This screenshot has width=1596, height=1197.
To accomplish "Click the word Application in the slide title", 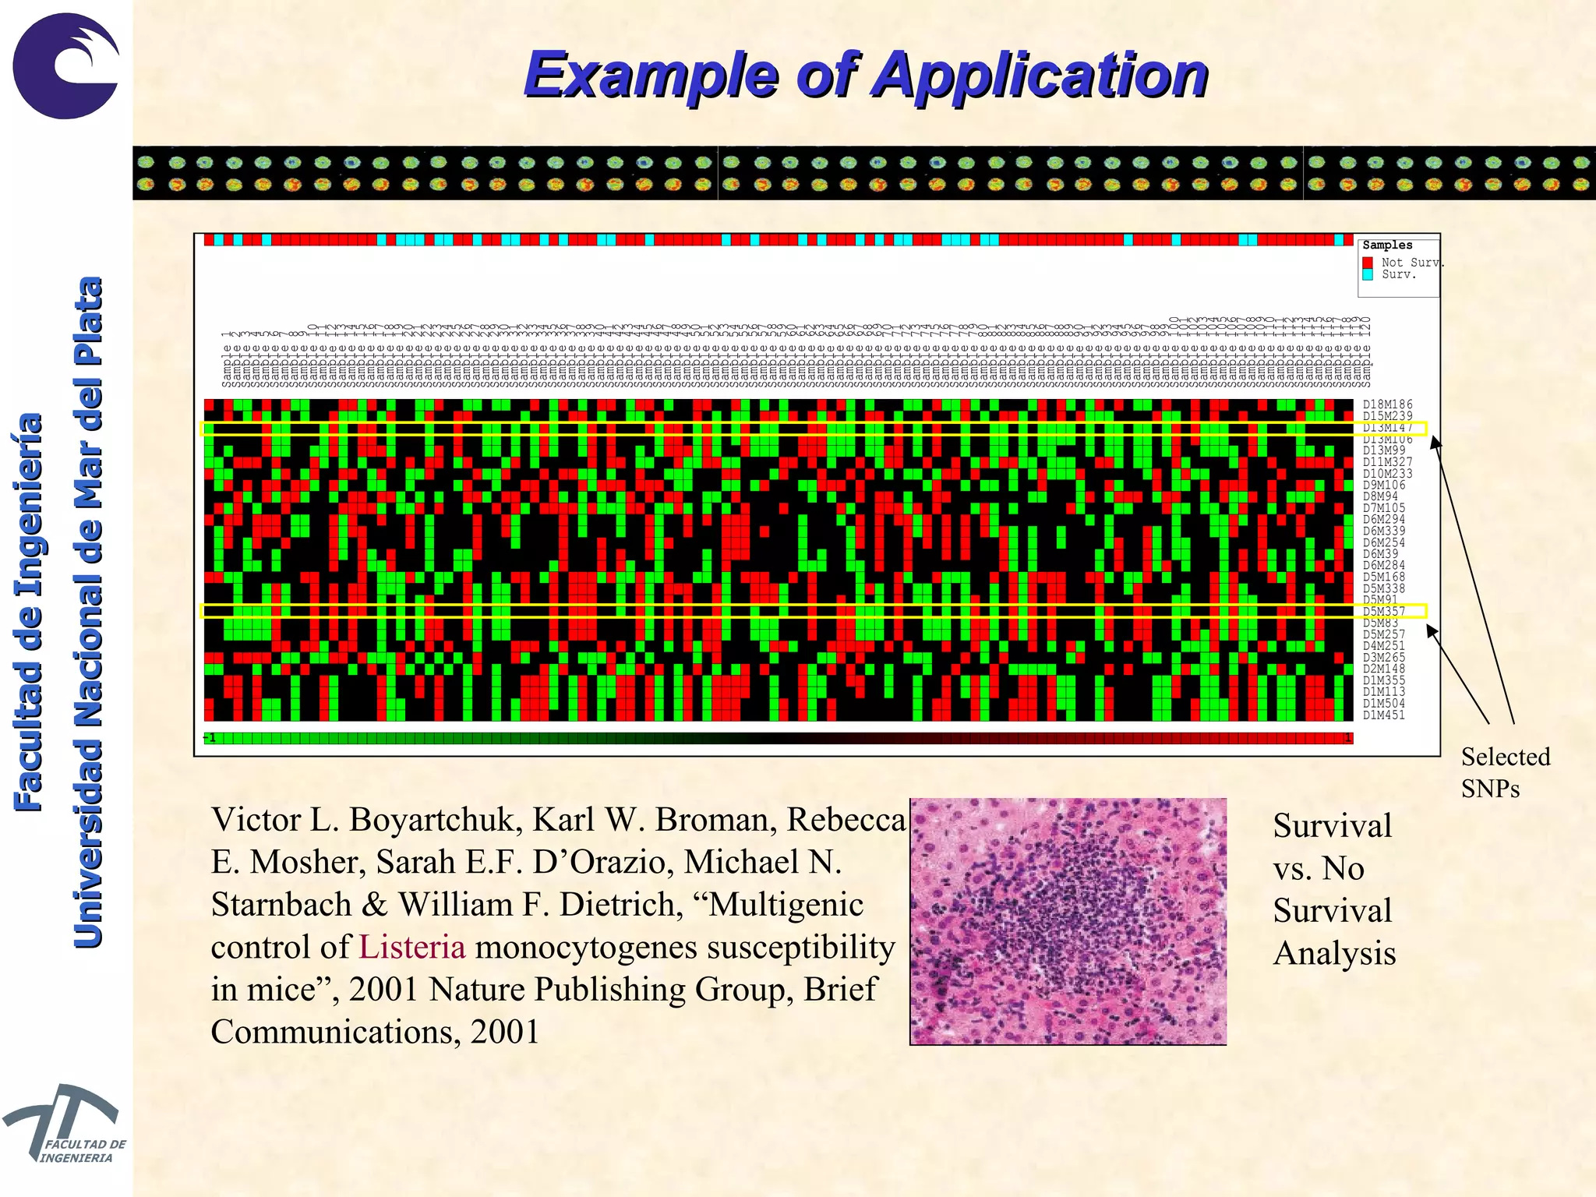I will [x=1040, y=76].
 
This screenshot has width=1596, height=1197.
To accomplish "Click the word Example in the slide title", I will [x=651, y=76].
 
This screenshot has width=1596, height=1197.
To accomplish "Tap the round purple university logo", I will [x=65, y=65].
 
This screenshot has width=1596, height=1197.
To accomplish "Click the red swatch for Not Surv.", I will [x=1368, y=263].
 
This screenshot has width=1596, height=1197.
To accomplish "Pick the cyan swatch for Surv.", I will [x=1368, y=274].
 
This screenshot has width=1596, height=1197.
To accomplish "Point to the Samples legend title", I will [x=1387, y=245].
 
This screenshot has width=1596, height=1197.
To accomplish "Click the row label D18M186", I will [x=1387, y=404].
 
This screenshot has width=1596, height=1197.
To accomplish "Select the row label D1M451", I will [x=1383, y=715].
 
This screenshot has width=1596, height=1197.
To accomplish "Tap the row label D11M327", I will [x=1387, y=462].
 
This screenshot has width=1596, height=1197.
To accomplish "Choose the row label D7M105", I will [x=1384, y=508].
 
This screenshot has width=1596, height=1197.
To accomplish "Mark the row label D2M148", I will [x=1384, y=669].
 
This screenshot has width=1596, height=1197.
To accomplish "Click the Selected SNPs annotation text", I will [x=1504, y=772].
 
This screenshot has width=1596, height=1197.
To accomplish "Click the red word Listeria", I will [x=412, y=947].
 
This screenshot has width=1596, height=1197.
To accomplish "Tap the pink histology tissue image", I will [x=1068, y=921].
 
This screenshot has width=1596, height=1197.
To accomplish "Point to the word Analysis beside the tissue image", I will [x=1334, y=953].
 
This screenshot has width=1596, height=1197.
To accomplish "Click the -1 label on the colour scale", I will [x=210, y=738].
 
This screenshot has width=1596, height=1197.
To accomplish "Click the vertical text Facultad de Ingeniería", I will [x=29, y=612].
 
